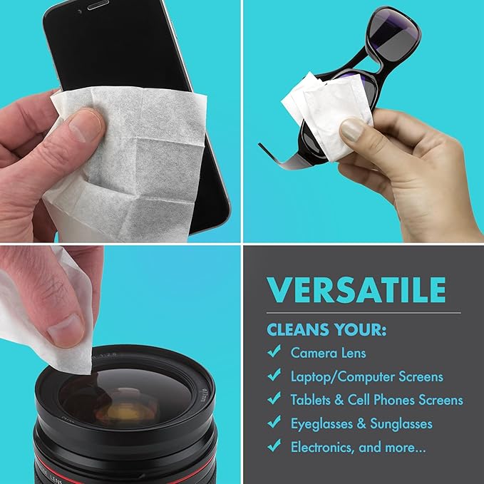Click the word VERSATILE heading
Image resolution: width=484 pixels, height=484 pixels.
(356, 290)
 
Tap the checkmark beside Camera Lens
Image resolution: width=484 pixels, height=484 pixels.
(273, 352)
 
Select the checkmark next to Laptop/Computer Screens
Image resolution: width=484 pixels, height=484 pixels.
(273, 376)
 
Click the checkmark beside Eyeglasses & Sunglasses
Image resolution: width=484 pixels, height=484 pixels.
(273, 423)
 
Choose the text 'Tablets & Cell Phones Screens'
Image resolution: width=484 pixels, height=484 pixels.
(376, 400)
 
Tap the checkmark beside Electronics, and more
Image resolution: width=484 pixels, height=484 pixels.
(273, 447)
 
